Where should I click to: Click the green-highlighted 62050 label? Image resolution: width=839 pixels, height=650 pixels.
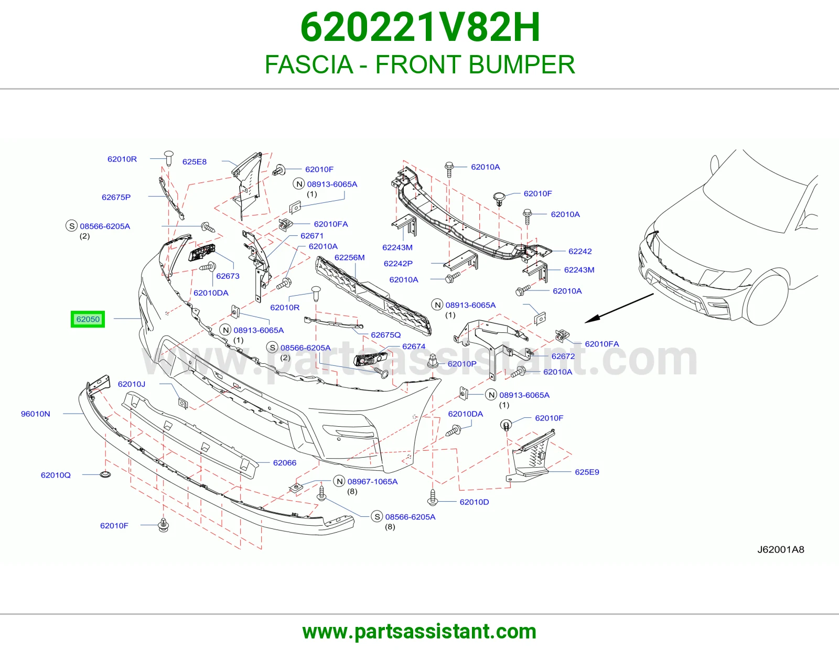[88, 319]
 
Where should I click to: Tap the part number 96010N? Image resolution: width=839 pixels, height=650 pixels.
[36, 414]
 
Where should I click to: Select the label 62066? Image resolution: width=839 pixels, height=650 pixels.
[285, 462]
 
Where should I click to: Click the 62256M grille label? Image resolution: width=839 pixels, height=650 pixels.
[349, 257]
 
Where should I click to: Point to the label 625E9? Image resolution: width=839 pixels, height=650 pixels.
[587, 472]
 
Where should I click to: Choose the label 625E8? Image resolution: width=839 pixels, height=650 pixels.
[194, 162]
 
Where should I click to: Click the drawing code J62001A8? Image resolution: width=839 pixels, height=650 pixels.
[781, 550]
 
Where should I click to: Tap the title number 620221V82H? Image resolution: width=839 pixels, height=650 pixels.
[420, 27]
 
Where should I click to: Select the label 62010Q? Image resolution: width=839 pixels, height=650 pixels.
[56, 475]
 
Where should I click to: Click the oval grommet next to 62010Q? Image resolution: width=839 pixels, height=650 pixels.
[105, 474]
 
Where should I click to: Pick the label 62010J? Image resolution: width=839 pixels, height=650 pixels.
[132, 384]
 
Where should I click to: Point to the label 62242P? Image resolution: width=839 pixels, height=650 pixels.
[398, 263]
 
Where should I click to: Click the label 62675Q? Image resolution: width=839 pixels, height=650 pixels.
[386, 334]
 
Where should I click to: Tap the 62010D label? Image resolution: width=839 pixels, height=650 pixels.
[474, 502]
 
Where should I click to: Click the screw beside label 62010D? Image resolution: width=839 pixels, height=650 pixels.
[433, 497]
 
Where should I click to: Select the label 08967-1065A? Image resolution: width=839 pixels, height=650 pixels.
[372, 481]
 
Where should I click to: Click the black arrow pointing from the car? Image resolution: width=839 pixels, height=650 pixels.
[619, 308]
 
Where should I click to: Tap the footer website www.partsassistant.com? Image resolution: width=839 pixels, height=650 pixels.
[419, 632]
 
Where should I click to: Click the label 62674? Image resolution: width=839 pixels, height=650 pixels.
[414, 346]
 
